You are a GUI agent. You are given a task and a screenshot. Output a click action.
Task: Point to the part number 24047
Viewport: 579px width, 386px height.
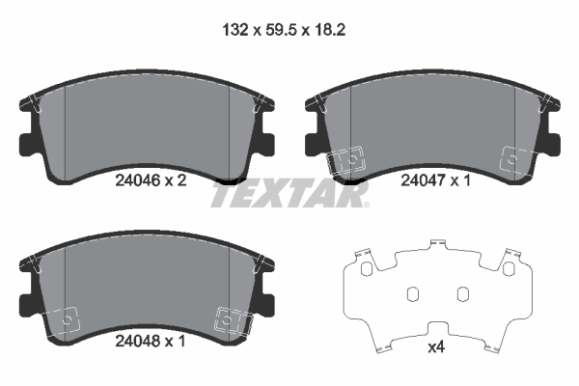422,179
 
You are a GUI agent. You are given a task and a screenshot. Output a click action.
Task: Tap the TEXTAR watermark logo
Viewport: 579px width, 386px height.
289,195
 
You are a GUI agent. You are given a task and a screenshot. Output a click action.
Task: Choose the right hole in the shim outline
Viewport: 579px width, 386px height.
461,293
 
